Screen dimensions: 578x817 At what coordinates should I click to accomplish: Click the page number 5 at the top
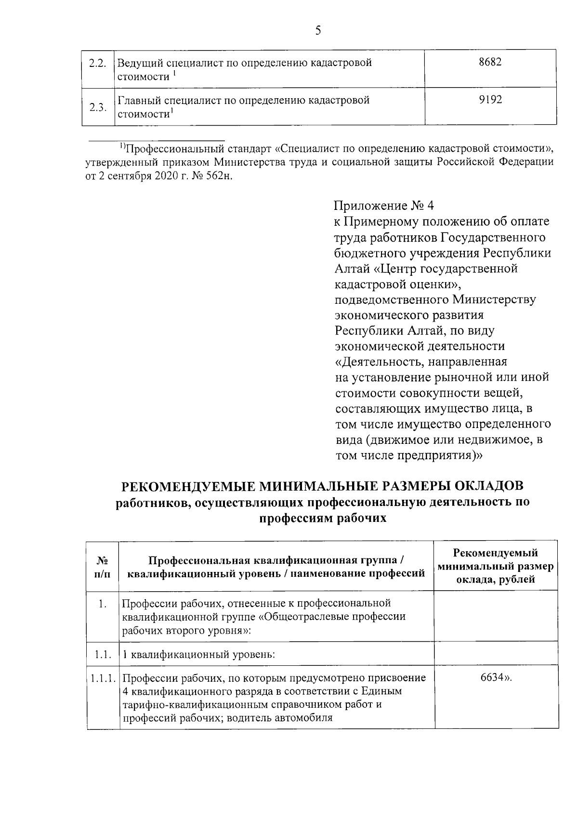point(317,31)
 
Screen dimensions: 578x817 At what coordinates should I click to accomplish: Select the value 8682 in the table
point(490,63)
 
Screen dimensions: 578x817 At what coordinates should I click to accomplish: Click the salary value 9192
point(490,100)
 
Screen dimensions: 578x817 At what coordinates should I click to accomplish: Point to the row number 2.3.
point(98,107)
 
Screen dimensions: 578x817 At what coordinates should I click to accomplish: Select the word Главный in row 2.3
point(139,101)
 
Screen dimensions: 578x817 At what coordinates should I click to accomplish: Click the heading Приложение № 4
point(383,206)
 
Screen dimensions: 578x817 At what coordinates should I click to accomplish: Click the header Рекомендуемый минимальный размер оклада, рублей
point(496,566)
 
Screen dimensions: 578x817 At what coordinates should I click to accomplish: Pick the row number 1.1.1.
point(103,678)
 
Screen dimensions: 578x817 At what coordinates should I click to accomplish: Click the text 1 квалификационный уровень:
point(198,655)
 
